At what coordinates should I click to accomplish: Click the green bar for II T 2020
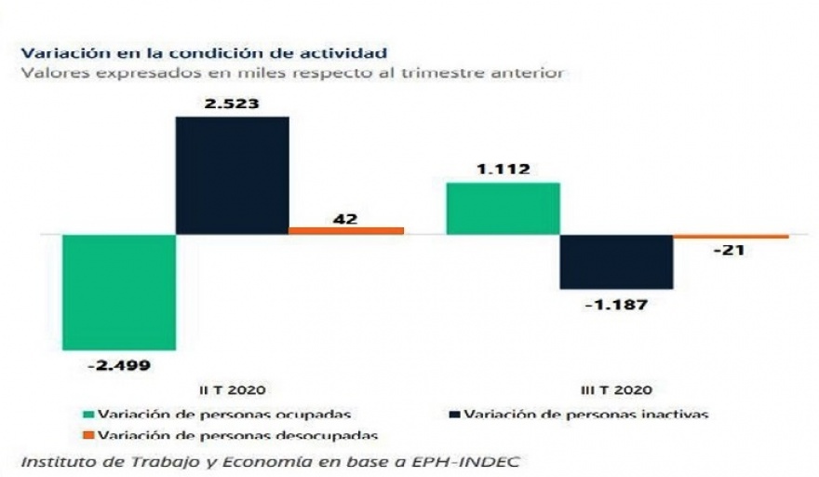118,293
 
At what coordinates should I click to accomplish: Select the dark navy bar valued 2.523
232,175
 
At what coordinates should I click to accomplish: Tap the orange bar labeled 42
346,230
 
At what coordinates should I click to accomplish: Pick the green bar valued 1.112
503,209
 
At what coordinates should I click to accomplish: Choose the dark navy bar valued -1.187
616,262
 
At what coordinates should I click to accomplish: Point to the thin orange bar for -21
731,237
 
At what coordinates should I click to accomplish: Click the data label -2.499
118,365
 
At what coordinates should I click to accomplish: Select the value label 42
346,219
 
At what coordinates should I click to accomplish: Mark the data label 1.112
503,170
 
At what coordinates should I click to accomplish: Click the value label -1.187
616,304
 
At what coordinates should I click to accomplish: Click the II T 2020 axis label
232,390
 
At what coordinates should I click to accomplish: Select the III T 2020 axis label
616,390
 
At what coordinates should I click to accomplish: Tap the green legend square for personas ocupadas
88,414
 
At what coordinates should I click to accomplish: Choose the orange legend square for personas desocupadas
88,435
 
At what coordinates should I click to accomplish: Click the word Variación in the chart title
56,52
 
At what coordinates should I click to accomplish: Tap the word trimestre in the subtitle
434,73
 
